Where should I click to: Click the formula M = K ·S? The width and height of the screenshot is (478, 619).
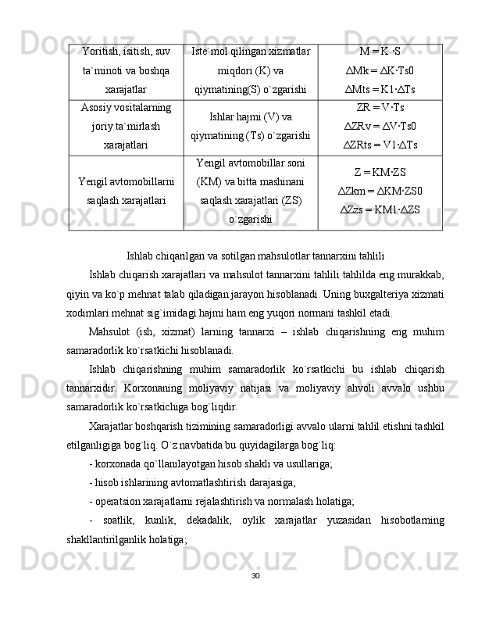380,52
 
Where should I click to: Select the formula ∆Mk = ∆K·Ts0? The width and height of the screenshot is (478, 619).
380,70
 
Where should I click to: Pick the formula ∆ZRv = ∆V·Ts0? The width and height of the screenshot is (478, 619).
380,125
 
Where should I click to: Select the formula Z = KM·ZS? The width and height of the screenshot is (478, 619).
380,173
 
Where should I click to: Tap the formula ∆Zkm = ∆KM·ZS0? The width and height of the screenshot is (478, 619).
380,191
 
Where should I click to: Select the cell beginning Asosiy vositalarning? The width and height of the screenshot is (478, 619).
126,125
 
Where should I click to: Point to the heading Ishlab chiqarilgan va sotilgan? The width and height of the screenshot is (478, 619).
255,254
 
